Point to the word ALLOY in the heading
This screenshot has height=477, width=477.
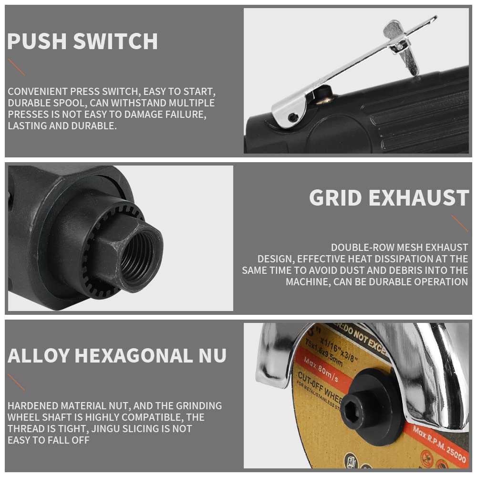point(39,356)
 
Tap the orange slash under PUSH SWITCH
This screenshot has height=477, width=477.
point(17,67)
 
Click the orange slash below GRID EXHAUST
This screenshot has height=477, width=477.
point(459,223)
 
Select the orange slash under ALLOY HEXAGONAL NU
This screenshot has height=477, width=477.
point(16,382)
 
